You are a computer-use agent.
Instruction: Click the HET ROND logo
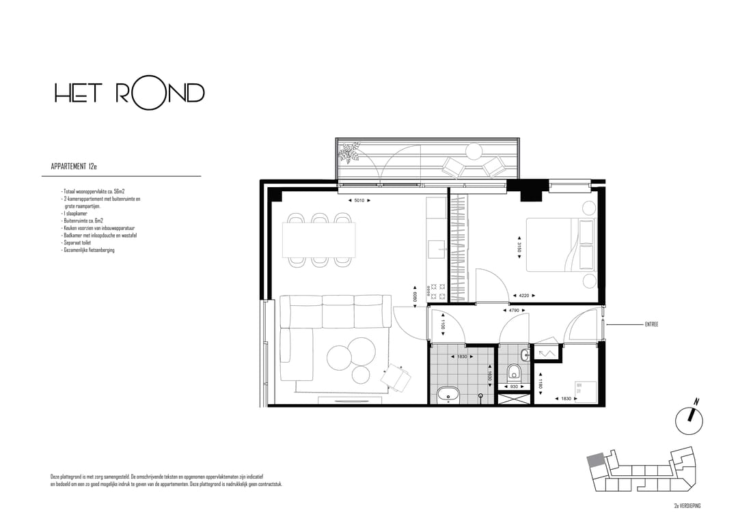[x=129, y=94]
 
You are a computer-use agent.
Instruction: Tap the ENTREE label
[x=652, y=324]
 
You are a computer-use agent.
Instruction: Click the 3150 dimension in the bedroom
[x=519, y=248]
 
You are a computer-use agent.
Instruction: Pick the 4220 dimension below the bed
[x=523, y=296]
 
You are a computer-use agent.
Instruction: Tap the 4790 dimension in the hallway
[x=515, y=311]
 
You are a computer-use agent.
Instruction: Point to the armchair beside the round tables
[x=395, y=377]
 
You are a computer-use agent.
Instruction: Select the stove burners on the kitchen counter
[x=437, y=292]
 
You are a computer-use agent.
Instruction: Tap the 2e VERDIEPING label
[x=687, y=505]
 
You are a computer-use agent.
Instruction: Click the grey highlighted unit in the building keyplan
[x=596, y=461]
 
